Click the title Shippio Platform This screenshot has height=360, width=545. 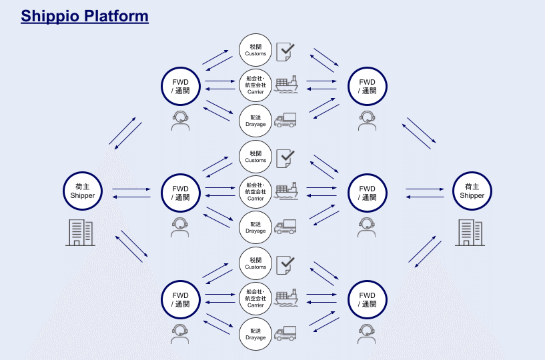[85, 16]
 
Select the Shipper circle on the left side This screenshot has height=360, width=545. [83, 191]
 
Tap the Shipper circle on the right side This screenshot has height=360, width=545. [472, 191]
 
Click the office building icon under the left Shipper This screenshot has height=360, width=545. [79, 232]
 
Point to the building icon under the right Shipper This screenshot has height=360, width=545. [470, 232]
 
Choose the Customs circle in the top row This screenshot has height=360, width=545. [255, 50]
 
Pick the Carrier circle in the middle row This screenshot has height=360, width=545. [255, 192]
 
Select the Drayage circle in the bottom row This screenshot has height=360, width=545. [255, 334]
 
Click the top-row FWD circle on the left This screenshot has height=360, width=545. [181, 87]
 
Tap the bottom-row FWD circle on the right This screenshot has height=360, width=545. [368, 299]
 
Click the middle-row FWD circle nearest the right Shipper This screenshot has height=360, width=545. [368, 193]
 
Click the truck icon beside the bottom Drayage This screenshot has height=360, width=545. [286, 333]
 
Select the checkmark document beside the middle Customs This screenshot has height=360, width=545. [286, 157]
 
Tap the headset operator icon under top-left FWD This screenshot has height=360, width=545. [180, 120]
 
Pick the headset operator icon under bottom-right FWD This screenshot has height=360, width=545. [366, 333]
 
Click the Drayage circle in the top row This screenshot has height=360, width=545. [255, 121]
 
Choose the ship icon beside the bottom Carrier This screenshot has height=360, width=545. [286, 298]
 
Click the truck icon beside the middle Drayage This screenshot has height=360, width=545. [286, 226]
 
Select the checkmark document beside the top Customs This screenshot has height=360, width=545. [286, 51]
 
